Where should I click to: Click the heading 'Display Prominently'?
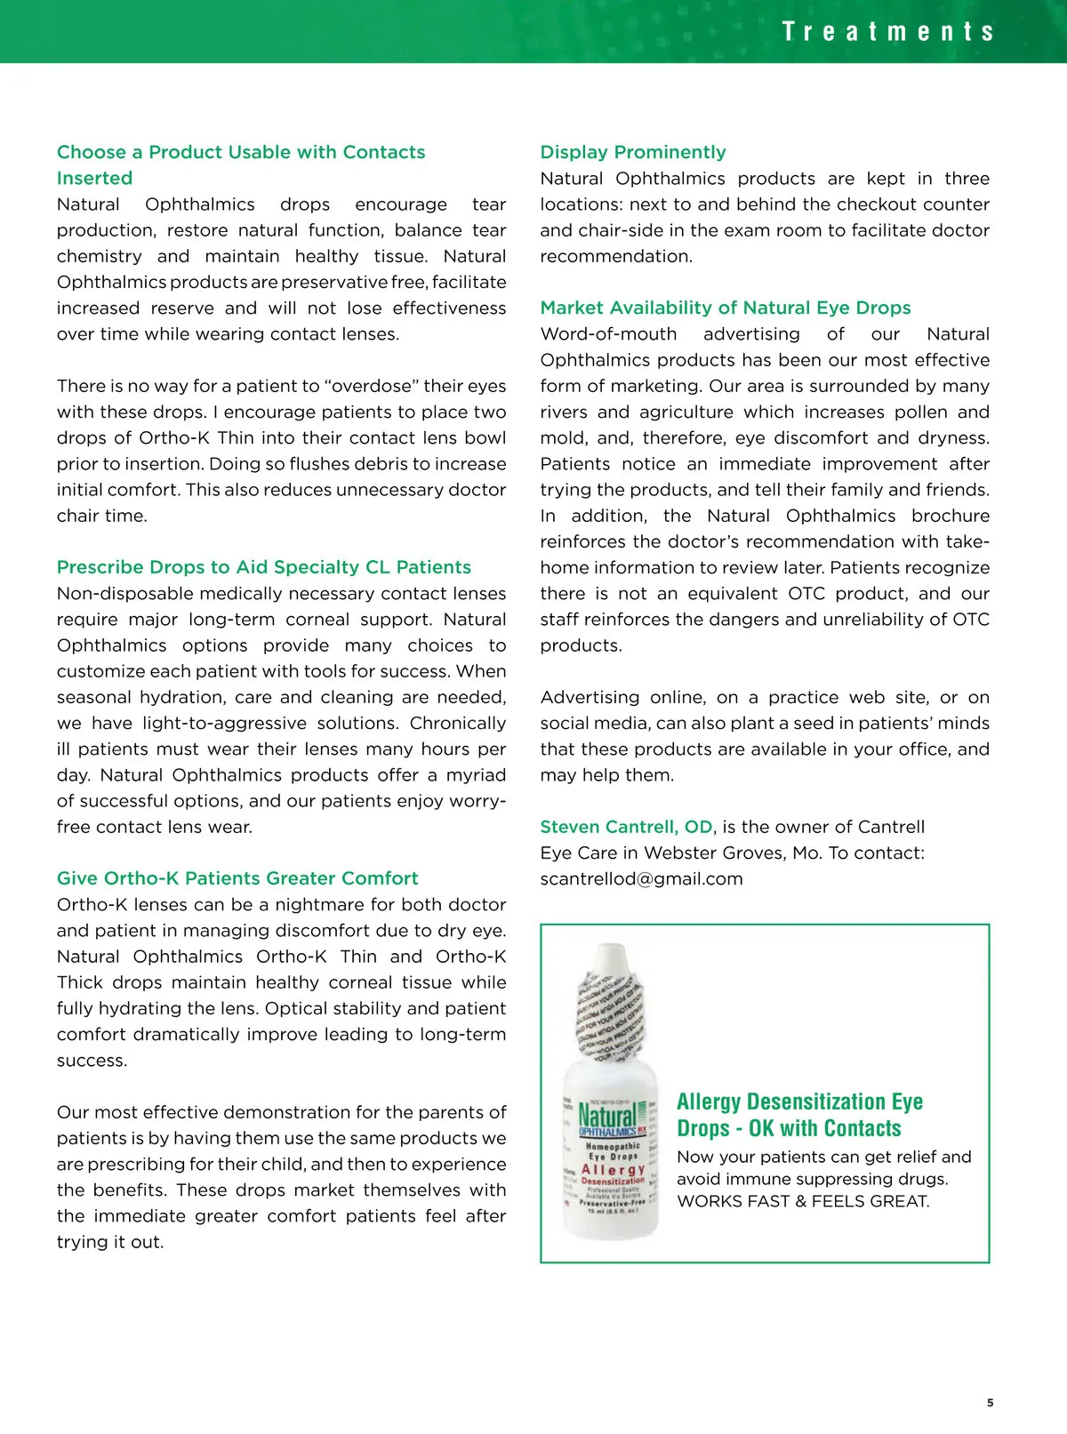(x=633, y=152)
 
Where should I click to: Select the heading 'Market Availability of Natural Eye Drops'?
(x=726, y=308)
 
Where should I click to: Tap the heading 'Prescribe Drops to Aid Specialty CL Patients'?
(x=264, y=567)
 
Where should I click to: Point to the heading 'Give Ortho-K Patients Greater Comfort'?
(x=237, y=878)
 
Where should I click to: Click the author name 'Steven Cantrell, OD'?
(x=626, y=827)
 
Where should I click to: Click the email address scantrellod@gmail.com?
(x=641, y=879)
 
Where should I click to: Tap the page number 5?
(x=990, y=1403)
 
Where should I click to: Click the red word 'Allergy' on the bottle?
(x=613, y=1169)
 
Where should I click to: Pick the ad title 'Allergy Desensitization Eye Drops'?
(x=799, y=1115)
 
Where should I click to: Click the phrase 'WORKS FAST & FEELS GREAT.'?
(x=803, y=1201)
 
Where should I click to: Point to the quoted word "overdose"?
(x=372, y=386)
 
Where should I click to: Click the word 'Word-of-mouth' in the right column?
(x=608, y=334)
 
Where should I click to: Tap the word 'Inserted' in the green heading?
(x=94, y=178)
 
